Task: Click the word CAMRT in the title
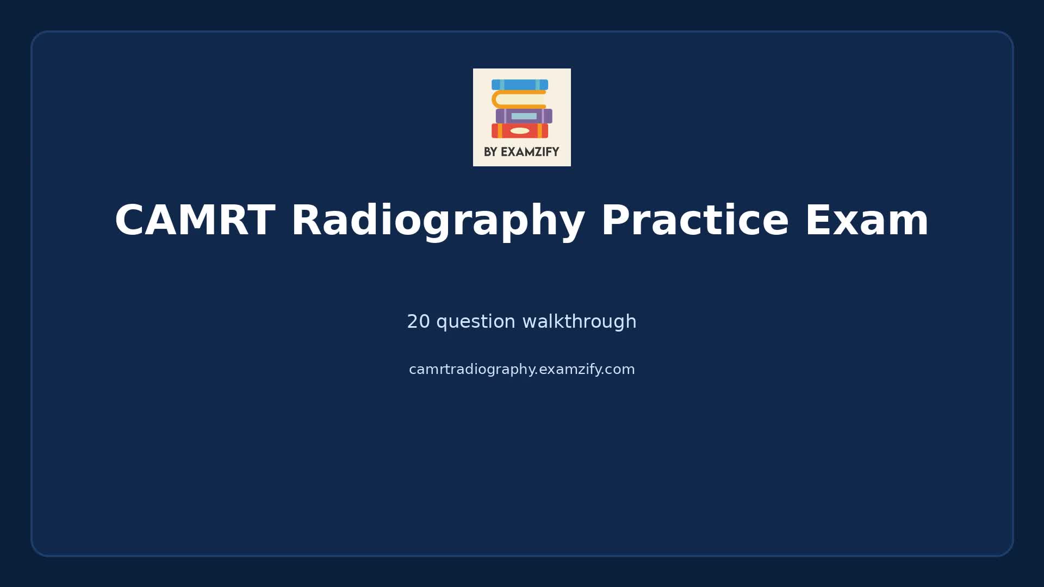coord(194,221)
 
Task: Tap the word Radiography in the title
coord(438,221)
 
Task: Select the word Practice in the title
coord(694,221)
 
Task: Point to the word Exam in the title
coord(867,221)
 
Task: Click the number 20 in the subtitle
coord(418,322)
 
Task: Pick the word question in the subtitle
coord(476,322)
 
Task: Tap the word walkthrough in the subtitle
coord(579,322)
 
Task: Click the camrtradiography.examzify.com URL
coord(521,370)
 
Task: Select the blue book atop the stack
coord(520,85)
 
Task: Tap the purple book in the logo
coord(524,116)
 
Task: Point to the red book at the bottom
coord(520,130)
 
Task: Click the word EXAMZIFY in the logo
coord(530,152)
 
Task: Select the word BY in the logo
coord(490,152)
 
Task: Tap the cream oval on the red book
coord(520,130)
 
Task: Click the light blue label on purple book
coord(524,116)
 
